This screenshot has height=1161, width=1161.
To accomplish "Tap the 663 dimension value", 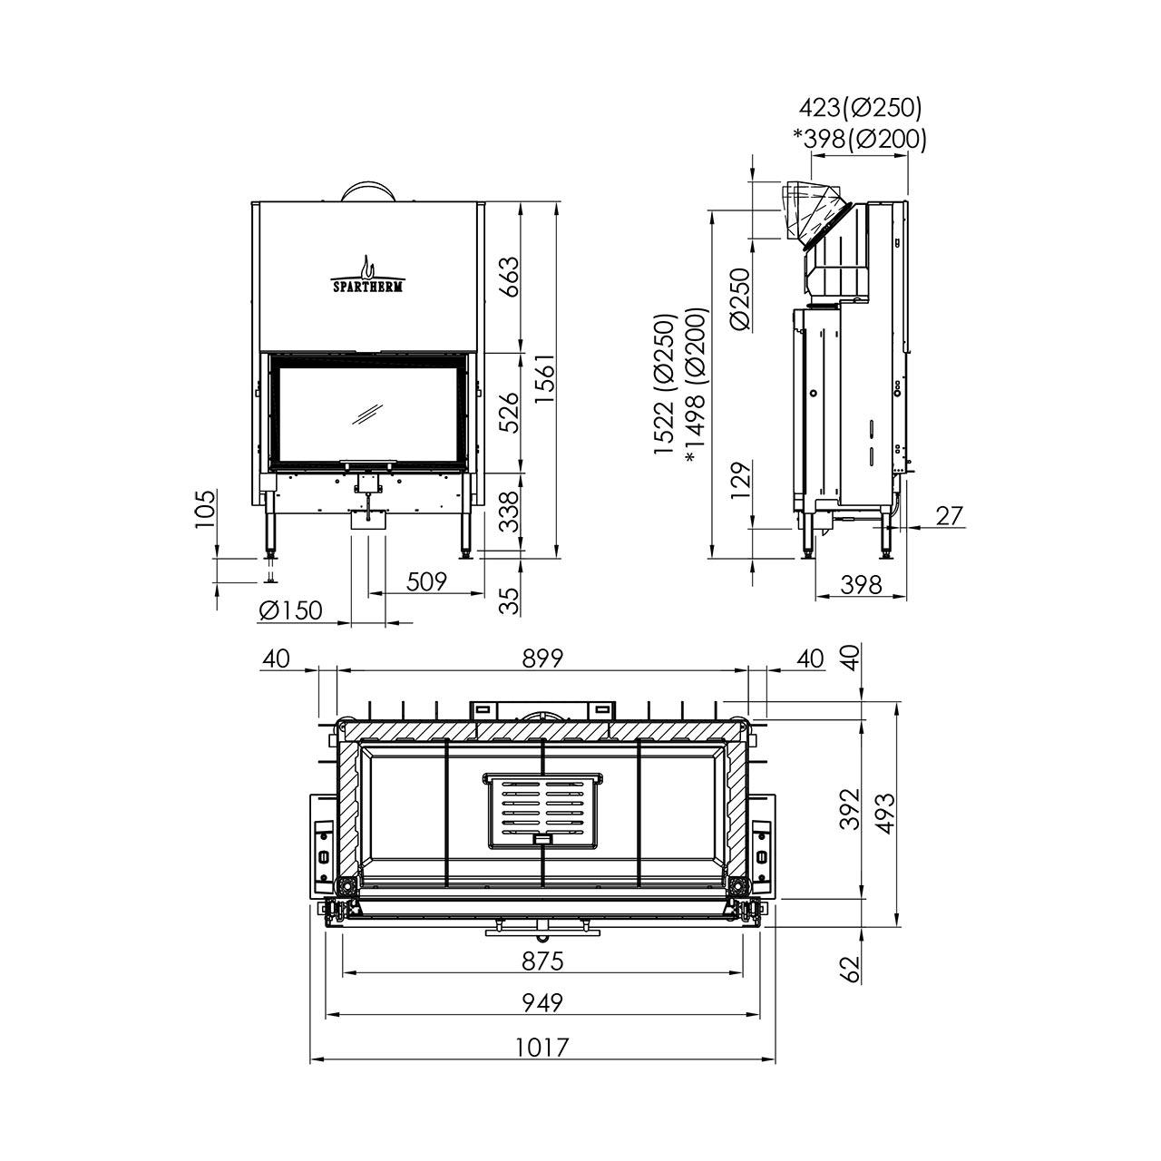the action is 509,277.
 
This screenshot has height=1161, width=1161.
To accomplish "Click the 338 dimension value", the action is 509,512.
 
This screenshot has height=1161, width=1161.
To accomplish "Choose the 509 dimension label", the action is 426,582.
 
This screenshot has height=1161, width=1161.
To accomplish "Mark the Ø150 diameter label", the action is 291,610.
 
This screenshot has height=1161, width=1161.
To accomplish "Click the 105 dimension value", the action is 205,510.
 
